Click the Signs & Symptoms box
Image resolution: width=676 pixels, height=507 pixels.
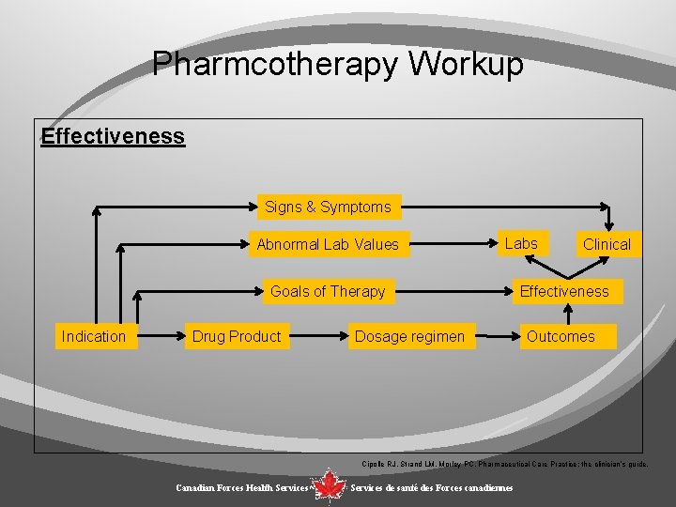tap(328, 207)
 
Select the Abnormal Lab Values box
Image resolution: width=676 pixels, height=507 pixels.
tap(328, 245)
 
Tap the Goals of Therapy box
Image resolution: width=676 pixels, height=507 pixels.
tap(328, 292)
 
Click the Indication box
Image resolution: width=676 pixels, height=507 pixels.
tap(93, 336)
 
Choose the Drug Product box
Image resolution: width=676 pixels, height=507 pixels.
tap(237, 336)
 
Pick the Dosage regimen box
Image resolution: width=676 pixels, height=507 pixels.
tap(409, 336)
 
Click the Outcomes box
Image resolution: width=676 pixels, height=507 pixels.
tap(561, 336)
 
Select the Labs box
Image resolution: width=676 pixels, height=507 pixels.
tap(521, 244)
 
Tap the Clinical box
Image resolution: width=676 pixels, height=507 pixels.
tap(607, 245)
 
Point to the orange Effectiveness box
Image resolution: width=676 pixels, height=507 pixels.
tap(564, 292)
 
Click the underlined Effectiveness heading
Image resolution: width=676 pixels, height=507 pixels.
tap(113, 137)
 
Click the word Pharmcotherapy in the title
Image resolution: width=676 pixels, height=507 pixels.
tap(277, 65)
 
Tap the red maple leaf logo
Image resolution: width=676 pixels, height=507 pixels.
tap(329, 485)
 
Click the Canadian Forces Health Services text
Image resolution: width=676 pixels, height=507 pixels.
tap(241, 488)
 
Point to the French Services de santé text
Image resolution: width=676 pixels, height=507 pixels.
tap(431, 488)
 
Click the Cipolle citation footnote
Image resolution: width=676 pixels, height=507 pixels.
tap(504, 464)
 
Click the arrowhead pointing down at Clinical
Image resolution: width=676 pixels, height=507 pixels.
tap(609, 223)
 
